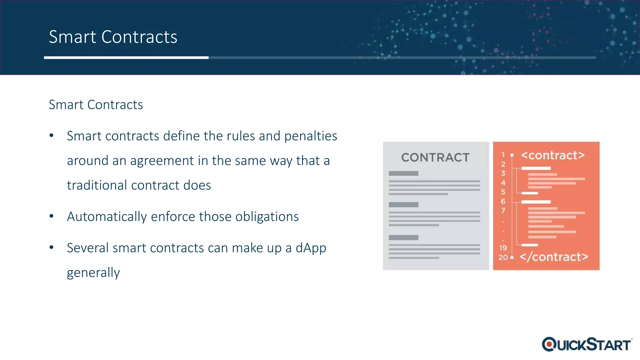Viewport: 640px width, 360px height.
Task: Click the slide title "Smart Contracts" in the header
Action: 113,37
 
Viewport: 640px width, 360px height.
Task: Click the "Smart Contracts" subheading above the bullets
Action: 96,105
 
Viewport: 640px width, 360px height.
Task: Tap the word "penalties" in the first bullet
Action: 311,136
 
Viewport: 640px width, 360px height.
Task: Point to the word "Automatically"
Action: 107,217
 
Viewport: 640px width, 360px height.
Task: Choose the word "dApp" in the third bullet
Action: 311,248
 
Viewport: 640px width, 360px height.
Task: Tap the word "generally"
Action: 93,273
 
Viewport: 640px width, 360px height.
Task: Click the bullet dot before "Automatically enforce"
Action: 52,216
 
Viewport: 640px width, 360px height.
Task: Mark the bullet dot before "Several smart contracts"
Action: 52,247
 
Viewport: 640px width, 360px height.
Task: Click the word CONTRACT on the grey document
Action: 435,157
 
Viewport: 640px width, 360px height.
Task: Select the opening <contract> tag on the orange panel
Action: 552,155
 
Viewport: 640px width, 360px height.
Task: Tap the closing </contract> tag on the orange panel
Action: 554,257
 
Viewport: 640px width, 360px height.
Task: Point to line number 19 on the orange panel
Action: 503,248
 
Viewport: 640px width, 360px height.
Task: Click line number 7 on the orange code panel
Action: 503,211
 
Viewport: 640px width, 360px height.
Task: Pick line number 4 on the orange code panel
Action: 503,182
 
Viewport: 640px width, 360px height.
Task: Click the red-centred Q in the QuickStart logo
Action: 549,344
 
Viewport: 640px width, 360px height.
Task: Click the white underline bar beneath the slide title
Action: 126,57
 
